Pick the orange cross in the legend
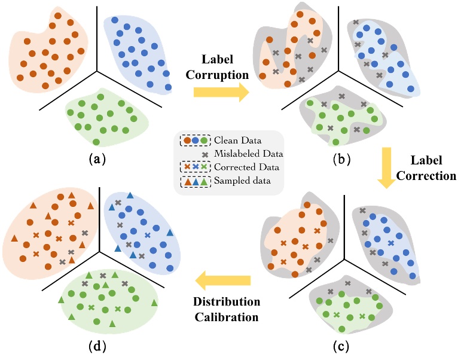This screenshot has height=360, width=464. tap(187, 167)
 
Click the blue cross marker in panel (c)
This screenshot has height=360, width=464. tap(390, 243)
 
